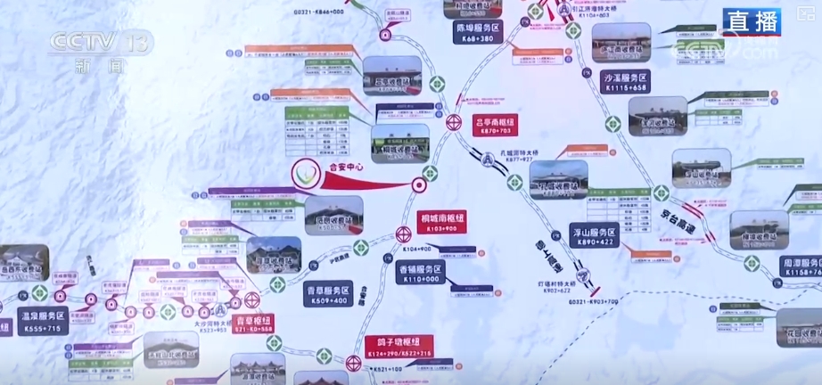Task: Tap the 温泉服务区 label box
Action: [x=41, y=321]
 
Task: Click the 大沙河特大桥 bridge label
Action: [x=211, y=325]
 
